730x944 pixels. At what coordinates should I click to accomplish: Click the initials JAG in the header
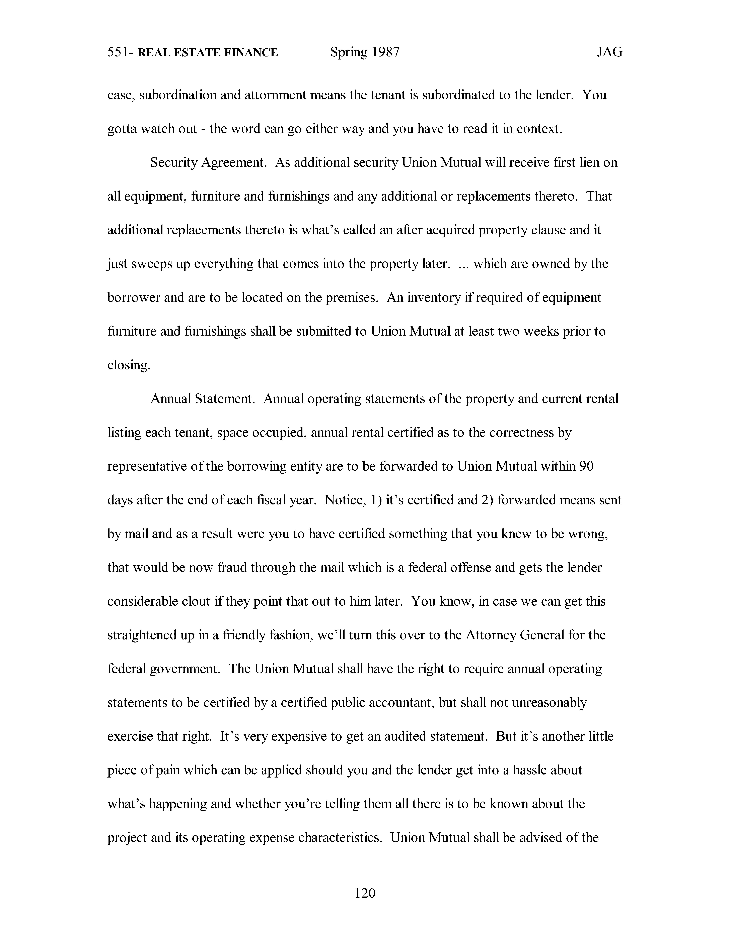point(609,52)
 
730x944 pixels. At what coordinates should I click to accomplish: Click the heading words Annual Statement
point(202,398)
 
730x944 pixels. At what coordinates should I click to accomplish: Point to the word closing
point(128,365)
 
